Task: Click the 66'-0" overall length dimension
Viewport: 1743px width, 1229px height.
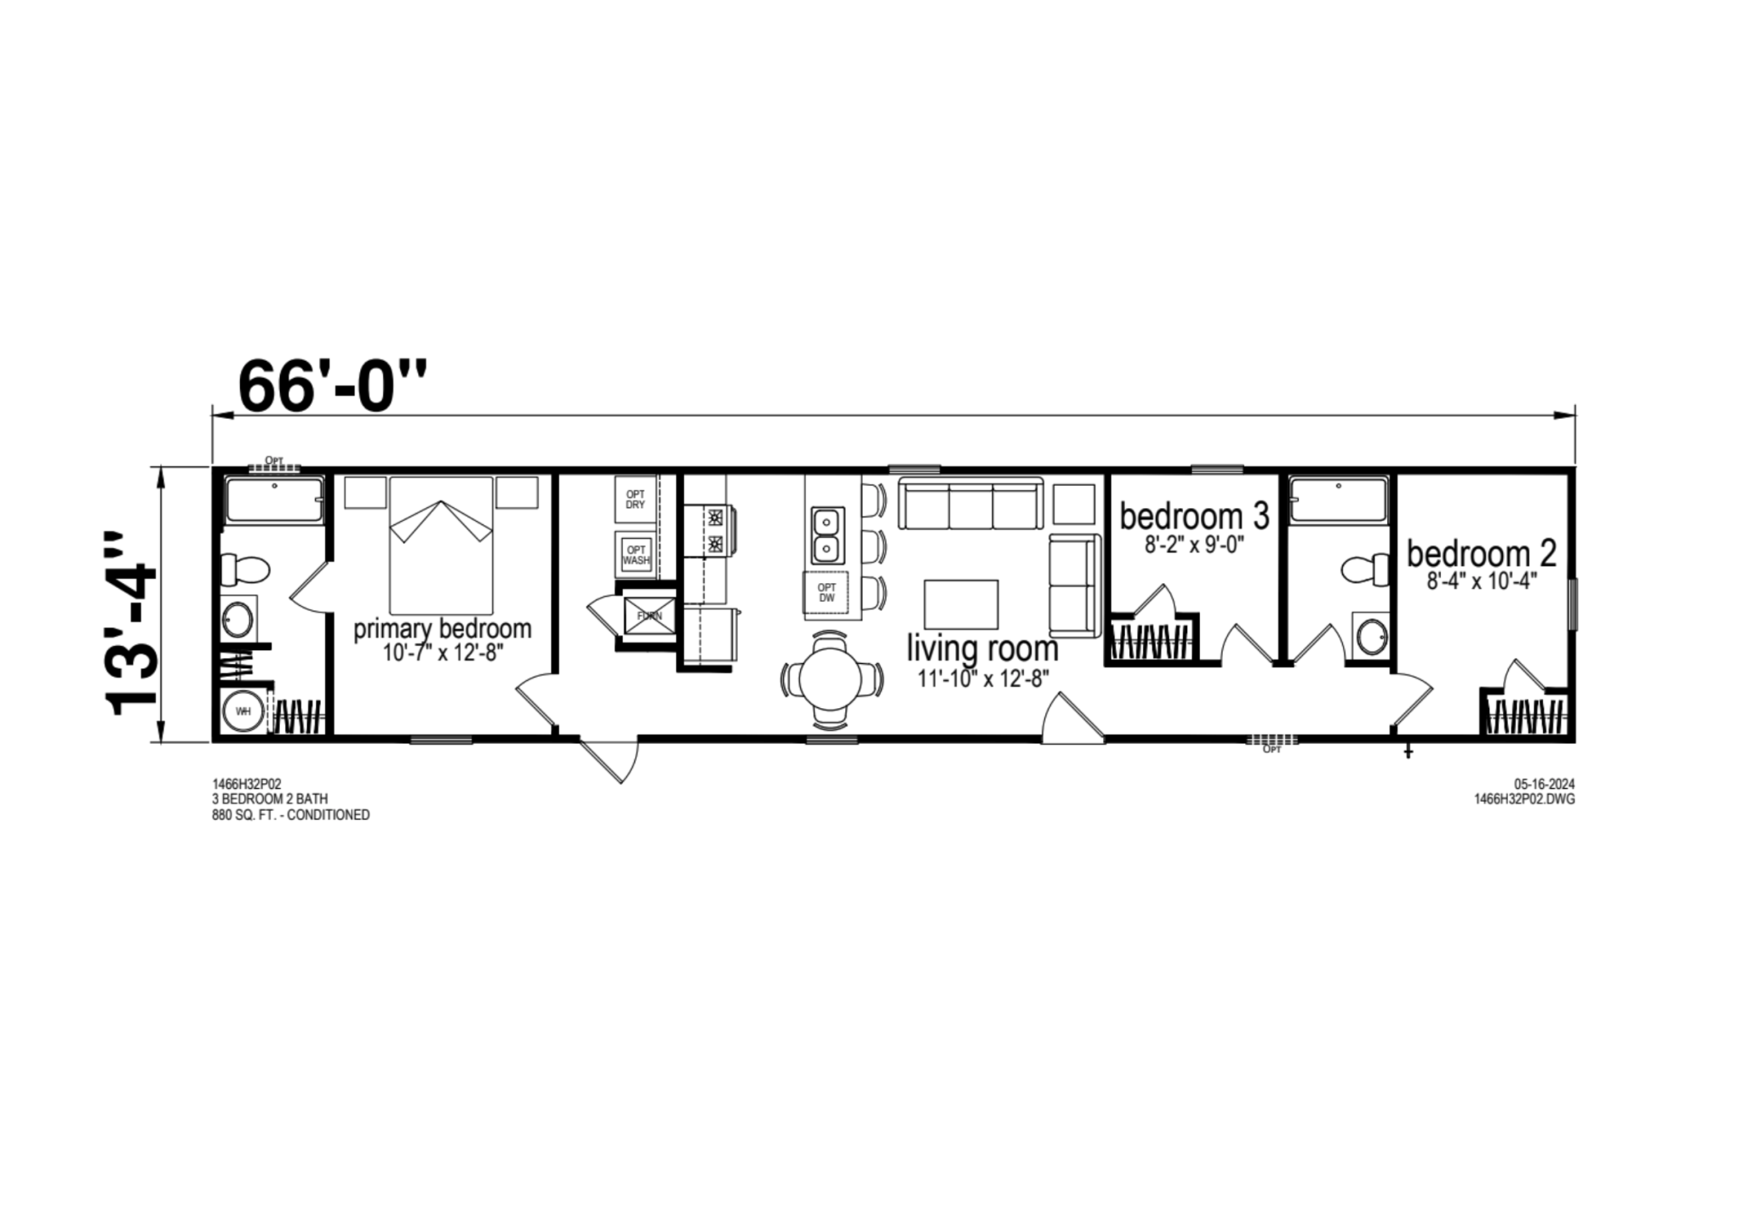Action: pyautogui.click(x=331, y=386)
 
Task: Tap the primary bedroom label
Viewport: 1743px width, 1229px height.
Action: pyautogui.click(x=443, y=629)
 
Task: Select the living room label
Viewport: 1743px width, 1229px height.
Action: pyautogui.click(x=982, y=649)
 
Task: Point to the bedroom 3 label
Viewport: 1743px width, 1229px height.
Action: pyautogui.click(x=1194, y=516)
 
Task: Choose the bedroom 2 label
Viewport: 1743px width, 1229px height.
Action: pyautogui.click(x=1482, y=554)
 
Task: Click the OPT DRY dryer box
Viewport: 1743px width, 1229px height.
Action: pyautogui.click(x=636, y=500)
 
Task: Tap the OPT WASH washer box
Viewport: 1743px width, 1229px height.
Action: pyautogui.click(x=636, y=555)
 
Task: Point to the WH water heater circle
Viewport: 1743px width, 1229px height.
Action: pyautogui.click(x=243, y=712)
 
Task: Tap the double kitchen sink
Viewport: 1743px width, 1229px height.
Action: pyautogui.click(x=826, y=535)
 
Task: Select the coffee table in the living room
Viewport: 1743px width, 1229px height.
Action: pyautogui.click(x=961, y=605)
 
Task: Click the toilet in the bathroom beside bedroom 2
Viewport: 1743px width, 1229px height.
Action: pyautogui.click(x=1364, y=571)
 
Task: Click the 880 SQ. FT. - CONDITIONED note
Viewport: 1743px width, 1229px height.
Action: pyautogui.click(x=291, y=815)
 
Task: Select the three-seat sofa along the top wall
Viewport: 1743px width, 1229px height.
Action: pyautogui.click(x=970, y=504)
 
